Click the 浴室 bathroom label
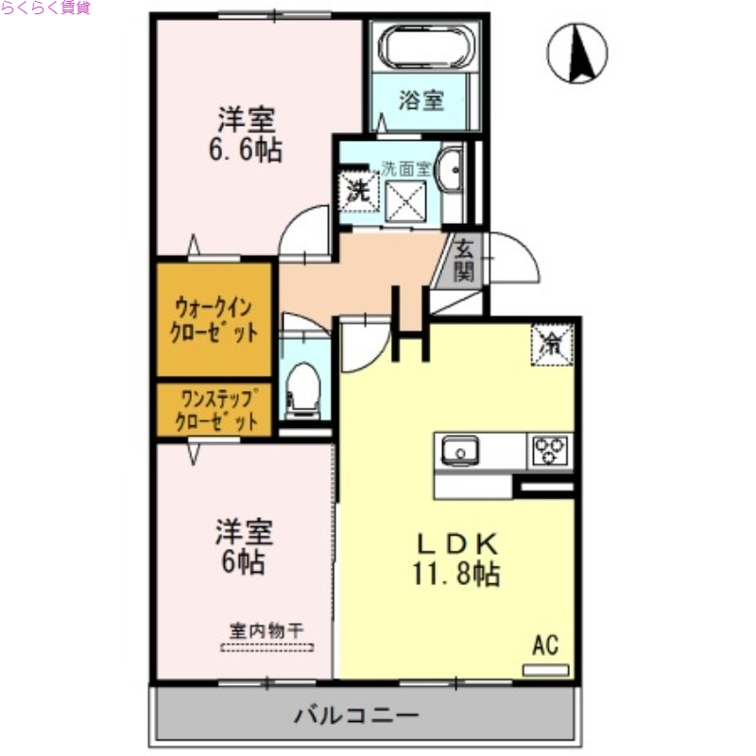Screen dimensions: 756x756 tap(421, 100)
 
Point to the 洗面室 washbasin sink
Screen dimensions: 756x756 tap(453, 169)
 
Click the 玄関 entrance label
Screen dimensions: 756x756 tap(463, 261)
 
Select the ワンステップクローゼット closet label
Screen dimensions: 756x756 tap(214, 409)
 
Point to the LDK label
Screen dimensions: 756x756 tap(457, 543)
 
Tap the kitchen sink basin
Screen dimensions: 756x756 tap(460, 452)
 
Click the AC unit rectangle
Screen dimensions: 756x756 tap(546, 669)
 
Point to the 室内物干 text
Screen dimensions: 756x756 tap(266, 630)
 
